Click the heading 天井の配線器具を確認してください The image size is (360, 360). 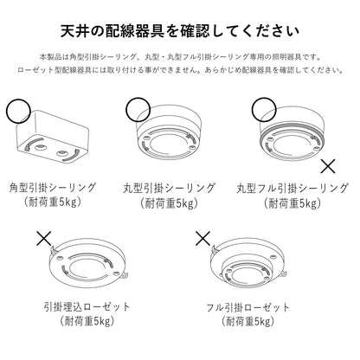point(180,31)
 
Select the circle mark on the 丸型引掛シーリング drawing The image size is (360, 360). point(138,109)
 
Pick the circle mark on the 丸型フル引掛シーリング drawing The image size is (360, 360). point(264,109)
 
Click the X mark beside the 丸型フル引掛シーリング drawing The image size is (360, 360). point(328,166)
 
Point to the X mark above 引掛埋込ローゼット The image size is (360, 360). point(44,238)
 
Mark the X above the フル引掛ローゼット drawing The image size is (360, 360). point(202,238)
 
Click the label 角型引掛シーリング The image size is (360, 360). point(52,188)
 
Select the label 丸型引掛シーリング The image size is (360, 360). point(169,188)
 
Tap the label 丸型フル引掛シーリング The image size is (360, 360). point(292,188)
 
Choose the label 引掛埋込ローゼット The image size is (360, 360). point(87,307)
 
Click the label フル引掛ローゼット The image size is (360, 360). point(247,307)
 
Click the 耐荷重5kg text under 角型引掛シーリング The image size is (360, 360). point(52,202)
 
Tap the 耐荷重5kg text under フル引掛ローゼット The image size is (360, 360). point(248,321)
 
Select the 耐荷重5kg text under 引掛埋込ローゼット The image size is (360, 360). point(87,321)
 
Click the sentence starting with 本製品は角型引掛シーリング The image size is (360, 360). point(180,57)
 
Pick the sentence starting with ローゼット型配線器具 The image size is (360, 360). point(180,70)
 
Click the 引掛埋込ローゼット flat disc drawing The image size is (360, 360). point(88,266)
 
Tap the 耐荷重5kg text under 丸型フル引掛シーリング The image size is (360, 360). point(292,203)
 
